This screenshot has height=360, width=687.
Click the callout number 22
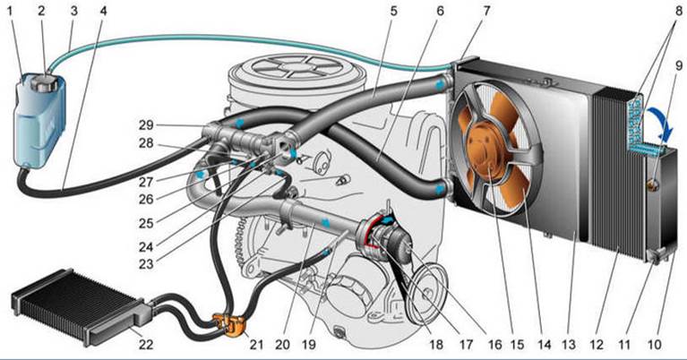coord(146,344)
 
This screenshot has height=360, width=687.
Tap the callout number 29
coord(146,125)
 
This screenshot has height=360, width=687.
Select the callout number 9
coord(679,65)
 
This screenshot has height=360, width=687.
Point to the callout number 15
coord(517,345)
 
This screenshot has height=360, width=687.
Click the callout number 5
coord(393,11)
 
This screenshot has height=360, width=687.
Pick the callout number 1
coord(10,11)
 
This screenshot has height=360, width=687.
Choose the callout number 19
coord(309,345)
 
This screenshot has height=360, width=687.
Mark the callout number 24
coord(146,247)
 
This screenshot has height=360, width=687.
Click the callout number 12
coord(597,345)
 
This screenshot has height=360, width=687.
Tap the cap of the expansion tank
coord(45,81)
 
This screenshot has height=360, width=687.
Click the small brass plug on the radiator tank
coord(654,184)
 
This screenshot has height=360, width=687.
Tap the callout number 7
coord(487,11)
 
